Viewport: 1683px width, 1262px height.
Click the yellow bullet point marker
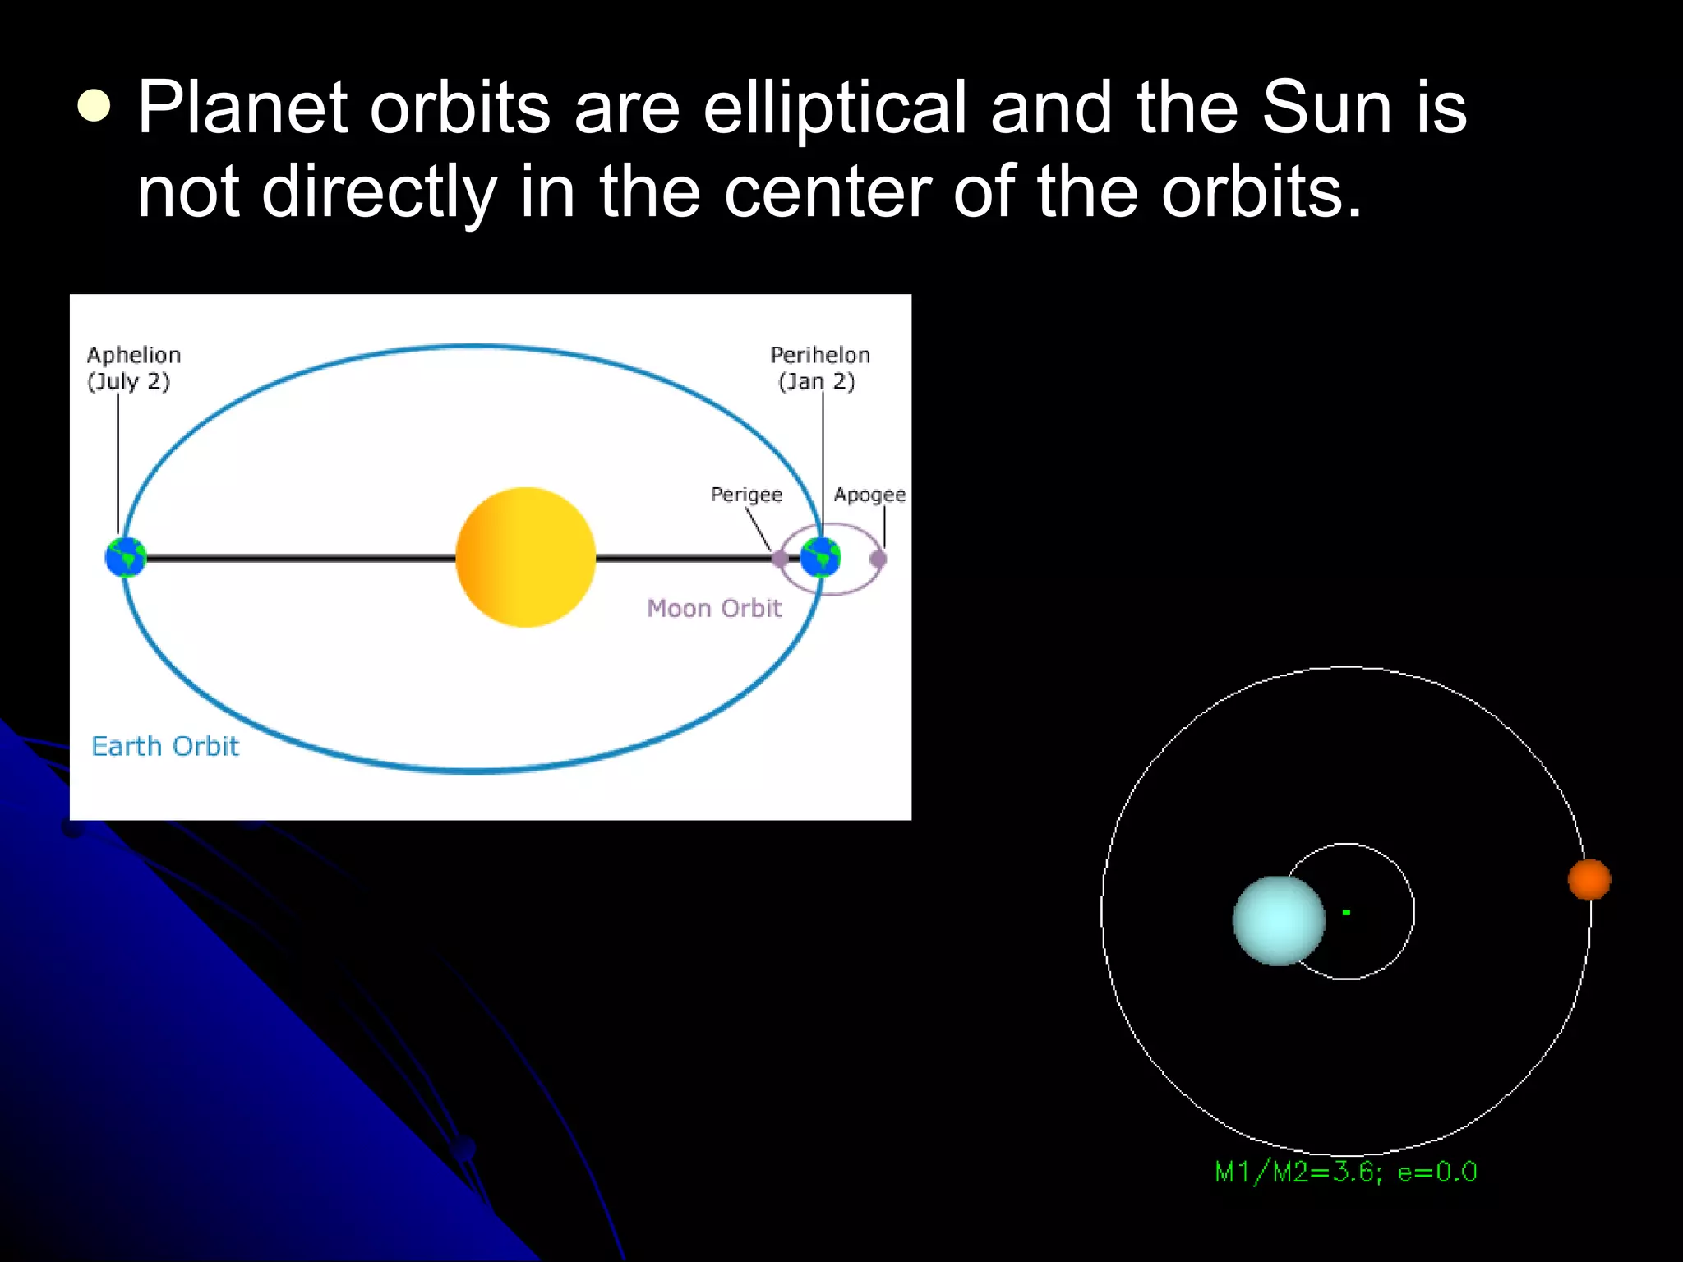coord(95,106)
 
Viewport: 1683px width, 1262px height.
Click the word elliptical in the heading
coord(835,109)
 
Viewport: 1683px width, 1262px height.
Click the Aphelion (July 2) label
coord(133,368)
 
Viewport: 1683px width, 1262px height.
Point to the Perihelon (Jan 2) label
coord(819,368)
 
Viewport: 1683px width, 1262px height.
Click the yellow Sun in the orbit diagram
coord(525,557)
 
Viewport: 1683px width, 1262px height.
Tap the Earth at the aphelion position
coord(126,557)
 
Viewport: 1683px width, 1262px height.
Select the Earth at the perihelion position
coord(820,557)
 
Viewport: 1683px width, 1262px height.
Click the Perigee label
coord(746,495)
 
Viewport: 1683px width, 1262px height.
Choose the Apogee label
coord(869,495)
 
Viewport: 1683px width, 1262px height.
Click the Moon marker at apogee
coord(878,559)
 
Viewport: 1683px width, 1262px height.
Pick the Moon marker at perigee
coord(779,559)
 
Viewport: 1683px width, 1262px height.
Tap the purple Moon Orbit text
coord(713,608)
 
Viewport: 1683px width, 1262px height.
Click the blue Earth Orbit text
coord(165,746)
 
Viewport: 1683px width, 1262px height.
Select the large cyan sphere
coord(1279,920)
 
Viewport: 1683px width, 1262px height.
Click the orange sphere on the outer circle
coord(1588,879)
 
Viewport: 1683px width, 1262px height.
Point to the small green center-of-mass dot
coord(1346,912)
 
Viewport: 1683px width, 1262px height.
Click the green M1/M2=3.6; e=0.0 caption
coord(1345,1172)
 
